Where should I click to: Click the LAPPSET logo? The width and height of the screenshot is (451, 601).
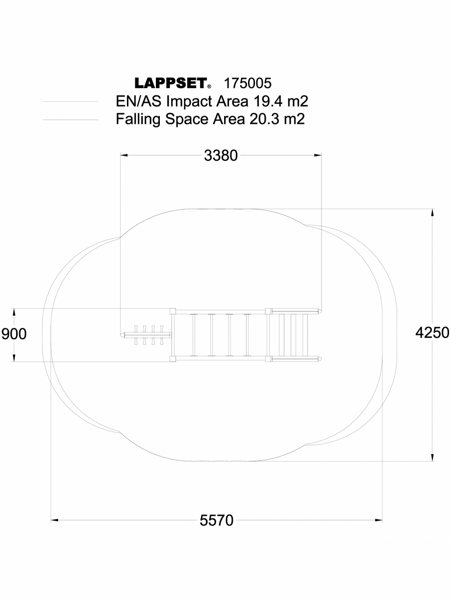pos(170,83)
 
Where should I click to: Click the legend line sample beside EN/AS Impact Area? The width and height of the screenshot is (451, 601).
pos(71,102)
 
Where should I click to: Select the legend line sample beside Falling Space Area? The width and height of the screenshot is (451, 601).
pos(71,119)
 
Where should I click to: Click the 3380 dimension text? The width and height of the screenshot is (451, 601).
pos(221,155)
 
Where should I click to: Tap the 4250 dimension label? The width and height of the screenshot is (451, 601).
pos(432,333)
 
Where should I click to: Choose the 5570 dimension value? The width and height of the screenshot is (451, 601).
pos(217,520)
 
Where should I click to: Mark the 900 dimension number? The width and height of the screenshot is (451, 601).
pos(14,334)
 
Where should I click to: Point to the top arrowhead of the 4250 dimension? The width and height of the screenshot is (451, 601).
pos(432,213)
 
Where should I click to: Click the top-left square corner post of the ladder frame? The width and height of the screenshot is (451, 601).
pos(173,311)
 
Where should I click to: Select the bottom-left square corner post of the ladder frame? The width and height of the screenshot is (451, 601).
pos(173,359)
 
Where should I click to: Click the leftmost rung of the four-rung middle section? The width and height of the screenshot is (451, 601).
pos(194,335)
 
